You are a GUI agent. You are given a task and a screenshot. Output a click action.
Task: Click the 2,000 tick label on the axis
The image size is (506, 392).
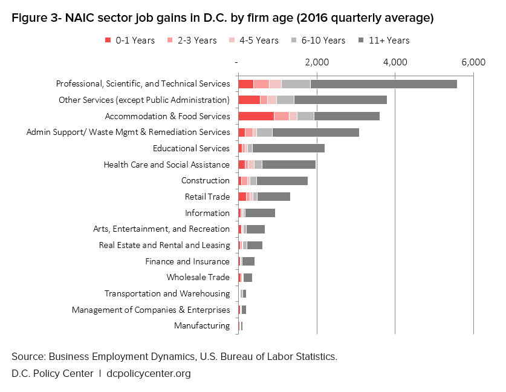[x=316, y=62]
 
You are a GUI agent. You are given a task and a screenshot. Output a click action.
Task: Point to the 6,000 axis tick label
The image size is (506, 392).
[x=473, y=62]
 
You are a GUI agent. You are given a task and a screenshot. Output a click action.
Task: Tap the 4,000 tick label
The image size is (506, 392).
[x=395, y=62]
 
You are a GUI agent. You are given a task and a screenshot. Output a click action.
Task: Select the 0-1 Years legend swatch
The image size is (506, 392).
[x=108, y=41]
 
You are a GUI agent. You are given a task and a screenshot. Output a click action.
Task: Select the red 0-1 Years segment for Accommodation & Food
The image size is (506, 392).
[x=256, y=116]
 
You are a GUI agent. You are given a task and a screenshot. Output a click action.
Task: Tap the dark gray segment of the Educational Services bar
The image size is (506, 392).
[x=288, y=148]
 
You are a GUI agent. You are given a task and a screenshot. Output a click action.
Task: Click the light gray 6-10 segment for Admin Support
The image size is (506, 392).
[x=264, y=132]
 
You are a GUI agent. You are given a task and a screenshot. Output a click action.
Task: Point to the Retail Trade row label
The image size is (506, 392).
[x=207, y=197]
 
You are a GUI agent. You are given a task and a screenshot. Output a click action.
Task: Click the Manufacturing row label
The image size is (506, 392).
[x=202, y=326]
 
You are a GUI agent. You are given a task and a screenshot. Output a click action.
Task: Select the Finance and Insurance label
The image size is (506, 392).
[x=187, y=261]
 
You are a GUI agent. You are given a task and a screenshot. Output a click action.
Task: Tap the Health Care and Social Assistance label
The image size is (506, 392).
[x=166, y=165]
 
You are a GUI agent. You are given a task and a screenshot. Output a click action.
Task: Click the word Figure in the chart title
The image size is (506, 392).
[x=28, y=18]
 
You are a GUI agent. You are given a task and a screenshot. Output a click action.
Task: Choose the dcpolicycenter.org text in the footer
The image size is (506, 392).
[x=148, y=373]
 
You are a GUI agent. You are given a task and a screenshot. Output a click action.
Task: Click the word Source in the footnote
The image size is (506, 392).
[x=28, y=356]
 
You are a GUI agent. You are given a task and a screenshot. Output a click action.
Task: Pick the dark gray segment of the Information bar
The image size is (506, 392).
[x=260, y=213]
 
